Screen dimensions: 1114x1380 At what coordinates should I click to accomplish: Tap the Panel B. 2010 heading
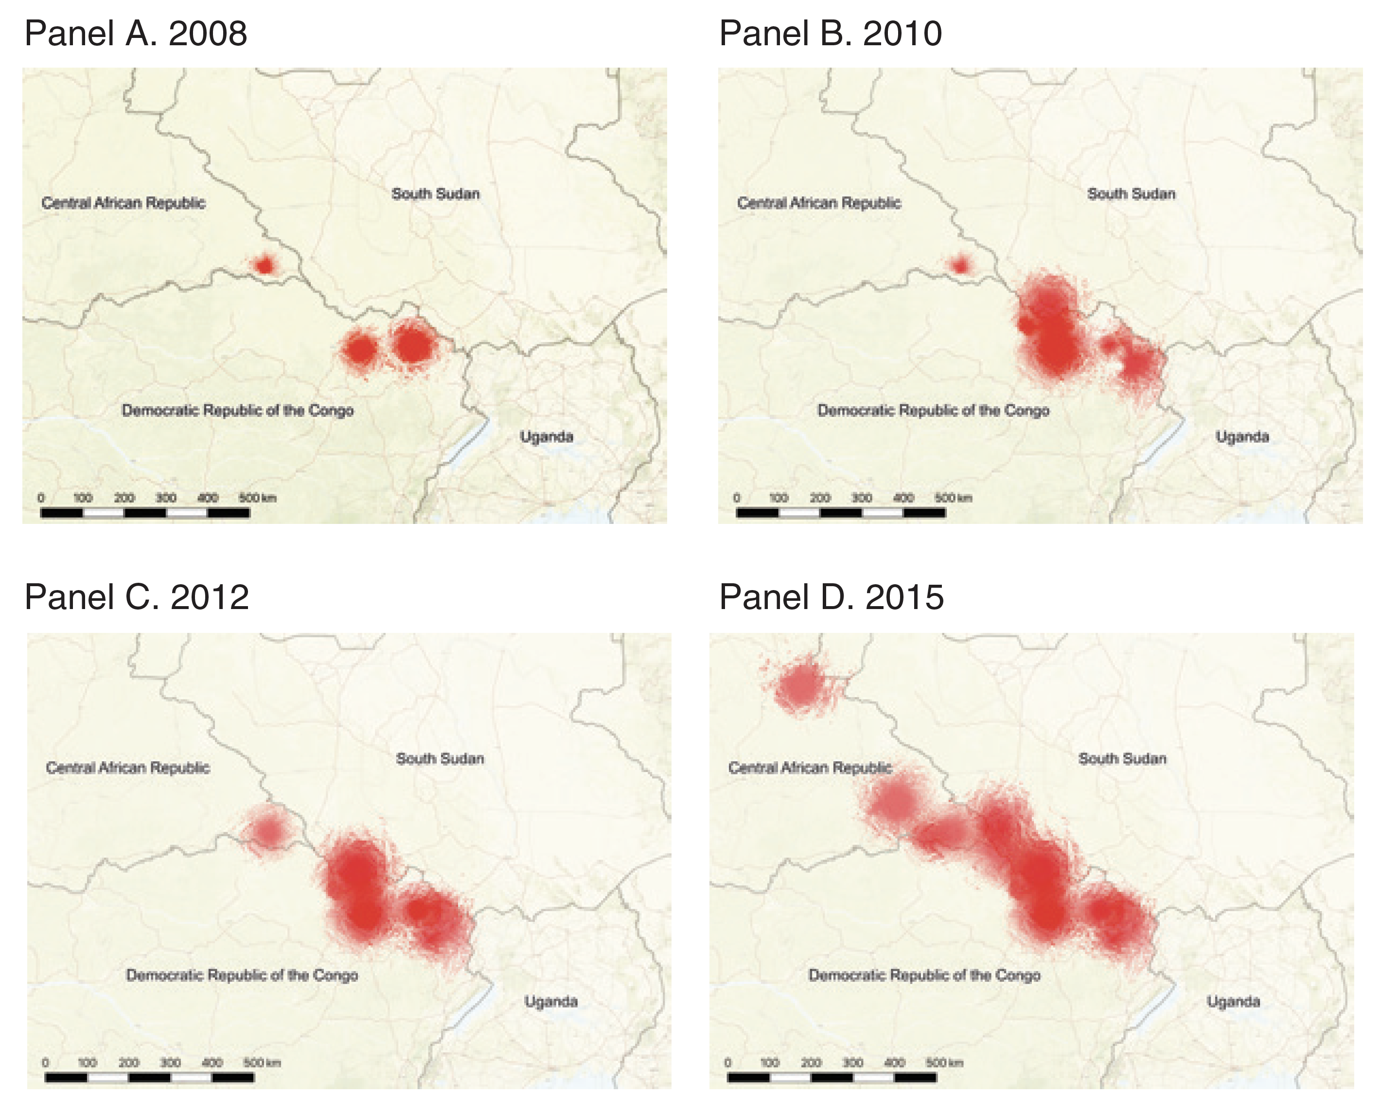point(831,34)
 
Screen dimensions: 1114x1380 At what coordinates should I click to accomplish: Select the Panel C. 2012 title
point(137,597)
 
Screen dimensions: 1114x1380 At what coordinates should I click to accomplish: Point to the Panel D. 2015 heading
point(832,597)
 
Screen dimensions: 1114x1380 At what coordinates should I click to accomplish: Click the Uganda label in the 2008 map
point(547,437)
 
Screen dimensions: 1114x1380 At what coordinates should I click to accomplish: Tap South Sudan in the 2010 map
point(1131,194)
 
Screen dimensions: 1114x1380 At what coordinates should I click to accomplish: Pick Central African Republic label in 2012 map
point(127,768)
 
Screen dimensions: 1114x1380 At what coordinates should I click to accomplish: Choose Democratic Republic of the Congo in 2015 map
point(924,975)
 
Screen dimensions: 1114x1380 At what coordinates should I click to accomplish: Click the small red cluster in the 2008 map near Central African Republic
point(264,264)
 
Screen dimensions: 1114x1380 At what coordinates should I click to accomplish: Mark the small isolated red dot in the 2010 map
point(960,264)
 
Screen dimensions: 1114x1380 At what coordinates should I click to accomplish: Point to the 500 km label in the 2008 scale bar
point(257,498)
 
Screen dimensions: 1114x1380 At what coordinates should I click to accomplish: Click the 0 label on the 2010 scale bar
point(737,498)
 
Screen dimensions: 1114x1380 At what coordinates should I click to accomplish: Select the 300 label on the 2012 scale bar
point(170,1062)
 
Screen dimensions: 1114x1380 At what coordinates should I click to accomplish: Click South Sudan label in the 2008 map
point(435,194)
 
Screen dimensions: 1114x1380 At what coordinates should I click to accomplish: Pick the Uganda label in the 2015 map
point(1233,1002)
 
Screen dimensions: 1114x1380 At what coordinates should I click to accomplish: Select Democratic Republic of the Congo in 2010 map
point(933,411)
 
